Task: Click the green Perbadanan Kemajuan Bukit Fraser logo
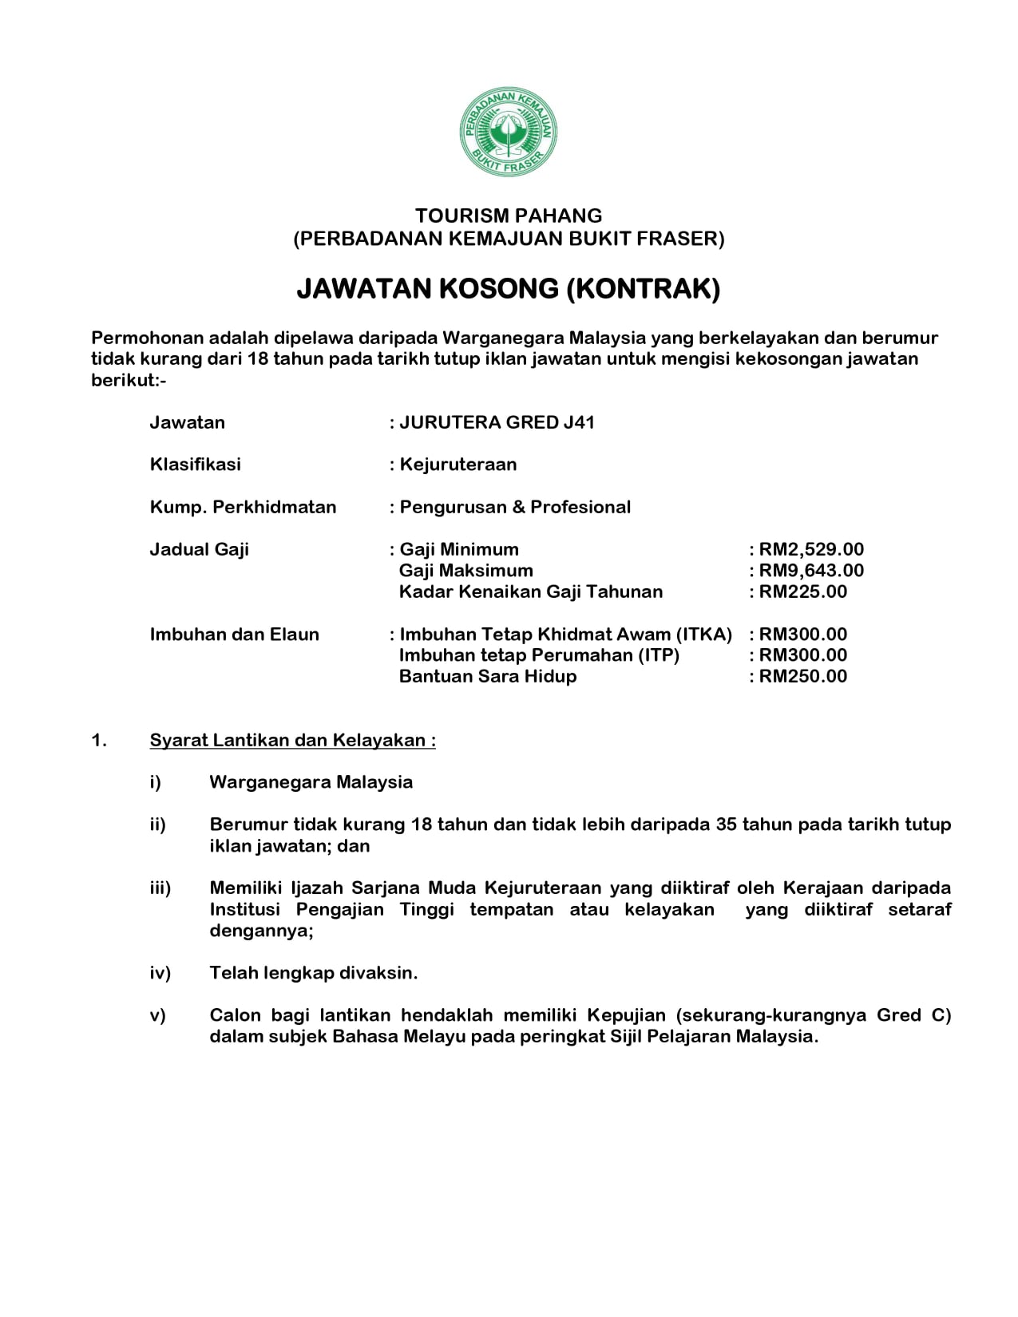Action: coord(508,133)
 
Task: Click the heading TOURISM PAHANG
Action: coord(509,216)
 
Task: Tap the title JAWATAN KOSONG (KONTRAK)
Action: coord(509,288)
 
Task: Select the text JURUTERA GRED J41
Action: coord(497,422)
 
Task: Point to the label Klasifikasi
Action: coord(195,465)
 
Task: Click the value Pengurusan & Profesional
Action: coord(515,507)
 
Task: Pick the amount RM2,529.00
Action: coord(811,549)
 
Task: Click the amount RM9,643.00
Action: coord(811,571)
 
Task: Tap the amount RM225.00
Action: coord(803,591)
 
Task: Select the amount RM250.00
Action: coord(803,676)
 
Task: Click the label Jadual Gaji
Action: coord(199,549)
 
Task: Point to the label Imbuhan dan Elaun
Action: coord(234,635)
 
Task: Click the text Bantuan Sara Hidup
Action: coord(487,676)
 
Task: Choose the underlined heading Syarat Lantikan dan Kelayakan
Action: coord(292,740)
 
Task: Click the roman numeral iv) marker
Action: coord(160,973)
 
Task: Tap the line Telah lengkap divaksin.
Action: coord(314,973)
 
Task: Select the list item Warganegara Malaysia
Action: coord(311,782)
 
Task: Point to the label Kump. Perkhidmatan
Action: coord(243,507)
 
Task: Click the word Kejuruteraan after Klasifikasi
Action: coord(458,465)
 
